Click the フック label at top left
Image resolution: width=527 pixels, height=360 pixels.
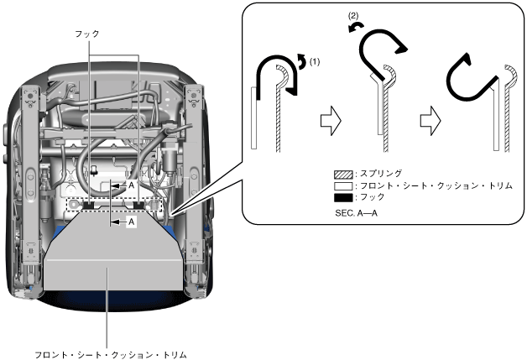[x=86, y=34]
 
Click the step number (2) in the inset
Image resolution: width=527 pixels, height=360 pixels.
[x=352, y=16]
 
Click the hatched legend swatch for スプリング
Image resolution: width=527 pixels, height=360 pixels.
[x=341, y=173]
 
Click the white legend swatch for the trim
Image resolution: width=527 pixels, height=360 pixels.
[x=341, y=185]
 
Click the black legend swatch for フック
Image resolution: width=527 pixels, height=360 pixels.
[x=341, y=196]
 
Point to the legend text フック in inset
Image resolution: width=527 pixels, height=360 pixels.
[x=370, y=196]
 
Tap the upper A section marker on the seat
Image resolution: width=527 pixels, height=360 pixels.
[x=131, y=184]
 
